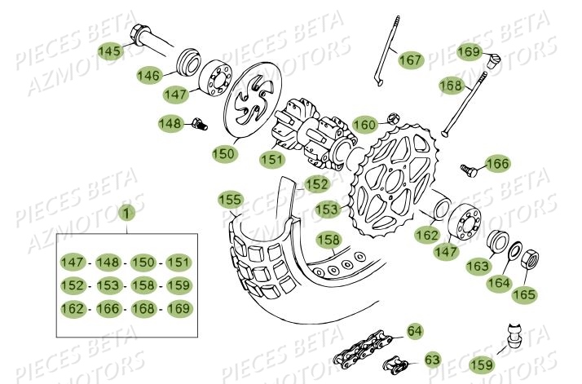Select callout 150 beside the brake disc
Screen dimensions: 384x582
(223, 152)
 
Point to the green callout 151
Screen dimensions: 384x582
(272, 158)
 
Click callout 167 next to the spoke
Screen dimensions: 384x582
(410, 60)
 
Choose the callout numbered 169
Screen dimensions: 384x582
(468, 53)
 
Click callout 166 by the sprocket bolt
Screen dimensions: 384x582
(496, 164)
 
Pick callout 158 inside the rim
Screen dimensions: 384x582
(328, 240)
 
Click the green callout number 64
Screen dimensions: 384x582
(414, 331)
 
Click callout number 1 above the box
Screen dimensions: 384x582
(126, 214)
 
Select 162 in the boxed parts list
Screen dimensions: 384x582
(73, 309)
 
